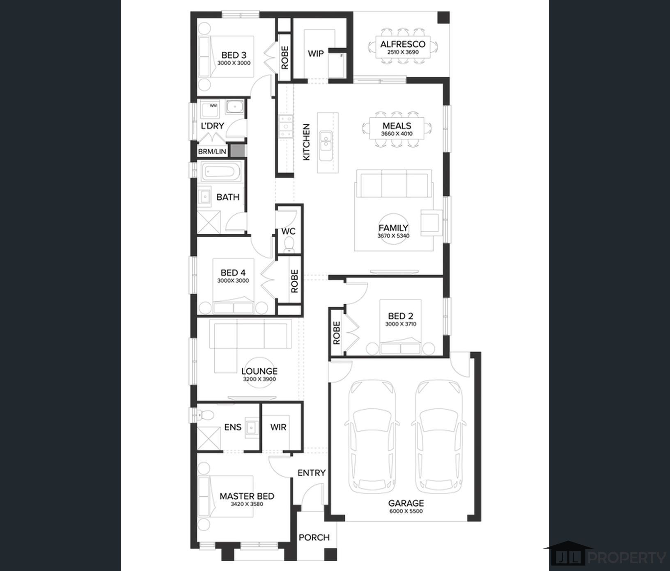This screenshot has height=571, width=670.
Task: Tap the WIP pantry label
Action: coord(316,53)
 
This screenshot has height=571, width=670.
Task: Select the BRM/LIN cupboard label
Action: coord(212,151)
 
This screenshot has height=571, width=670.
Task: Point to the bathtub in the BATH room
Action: coord(221,172)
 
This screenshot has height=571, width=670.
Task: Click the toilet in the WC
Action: coord(289,244)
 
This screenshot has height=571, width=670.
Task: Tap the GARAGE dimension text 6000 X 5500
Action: coord(406,511)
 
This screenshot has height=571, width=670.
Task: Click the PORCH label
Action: coord(314,537)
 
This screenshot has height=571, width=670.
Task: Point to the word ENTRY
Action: coord(312,473)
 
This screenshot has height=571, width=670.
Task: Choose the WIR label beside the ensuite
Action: coord(278,427)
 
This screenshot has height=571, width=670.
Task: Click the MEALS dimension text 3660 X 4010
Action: coord(397,134)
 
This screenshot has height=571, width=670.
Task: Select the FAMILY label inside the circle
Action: coord(393,228)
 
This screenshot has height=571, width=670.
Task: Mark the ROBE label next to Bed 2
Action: coord(337,333)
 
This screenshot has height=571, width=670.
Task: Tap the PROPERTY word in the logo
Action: coord(627,558)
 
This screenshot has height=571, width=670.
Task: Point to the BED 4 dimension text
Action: coord(233,281)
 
